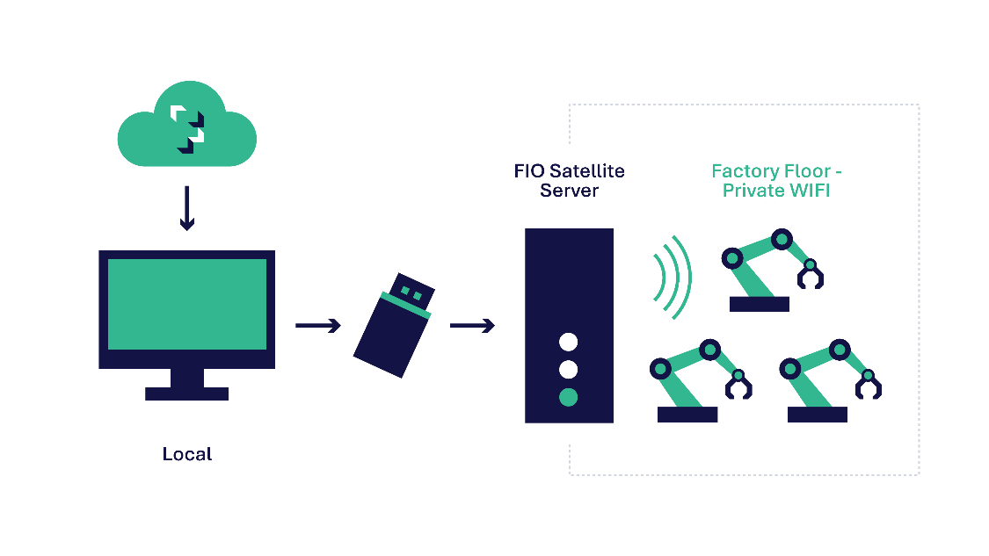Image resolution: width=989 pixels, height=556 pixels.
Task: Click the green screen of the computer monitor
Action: click(186, 304)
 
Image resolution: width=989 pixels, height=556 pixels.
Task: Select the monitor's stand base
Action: click(186, 394)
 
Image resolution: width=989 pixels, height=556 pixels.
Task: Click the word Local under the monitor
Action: click(186, 454)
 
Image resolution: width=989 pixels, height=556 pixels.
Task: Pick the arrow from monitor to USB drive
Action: click(317, 326)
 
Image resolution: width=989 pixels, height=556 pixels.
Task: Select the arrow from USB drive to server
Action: click(472, 326)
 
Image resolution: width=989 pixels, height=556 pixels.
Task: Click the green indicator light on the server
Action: click(568, 397)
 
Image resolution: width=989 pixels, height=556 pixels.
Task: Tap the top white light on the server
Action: click(568, 342)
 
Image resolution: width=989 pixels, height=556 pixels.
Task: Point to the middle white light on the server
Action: click(568, 369)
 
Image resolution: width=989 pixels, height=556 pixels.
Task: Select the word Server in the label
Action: click(569, 190)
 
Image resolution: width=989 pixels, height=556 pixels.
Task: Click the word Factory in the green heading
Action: click(745, 171)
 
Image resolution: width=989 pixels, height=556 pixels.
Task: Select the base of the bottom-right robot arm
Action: click(817, 415)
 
